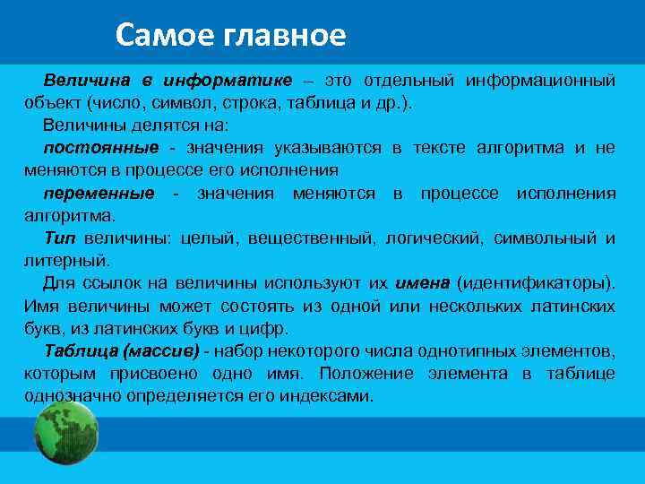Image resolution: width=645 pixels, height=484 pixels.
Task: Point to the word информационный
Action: tap(540, 81)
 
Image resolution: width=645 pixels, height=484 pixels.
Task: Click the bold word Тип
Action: tap(61, 238)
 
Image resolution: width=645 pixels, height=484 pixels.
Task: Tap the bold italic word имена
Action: tap(421, 283)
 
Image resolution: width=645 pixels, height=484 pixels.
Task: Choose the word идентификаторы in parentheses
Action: tap(535, 283)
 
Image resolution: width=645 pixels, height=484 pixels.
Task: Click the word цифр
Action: tap(266, 328)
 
